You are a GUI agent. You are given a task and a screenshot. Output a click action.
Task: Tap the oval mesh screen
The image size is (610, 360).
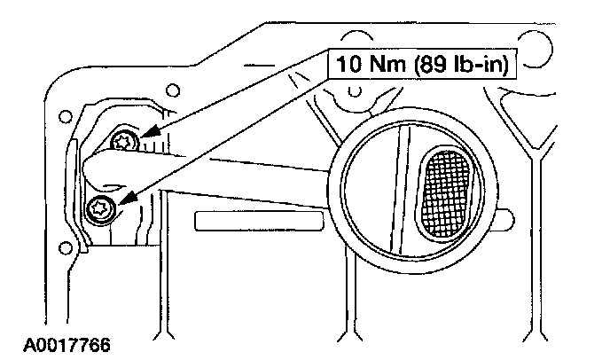tap(450, 192)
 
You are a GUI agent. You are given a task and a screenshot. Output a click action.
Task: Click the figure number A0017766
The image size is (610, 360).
tap(55, 341)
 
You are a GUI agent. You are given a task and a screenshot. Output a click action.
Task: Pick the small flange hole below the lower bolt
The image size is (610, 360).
tap(61, 246)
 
